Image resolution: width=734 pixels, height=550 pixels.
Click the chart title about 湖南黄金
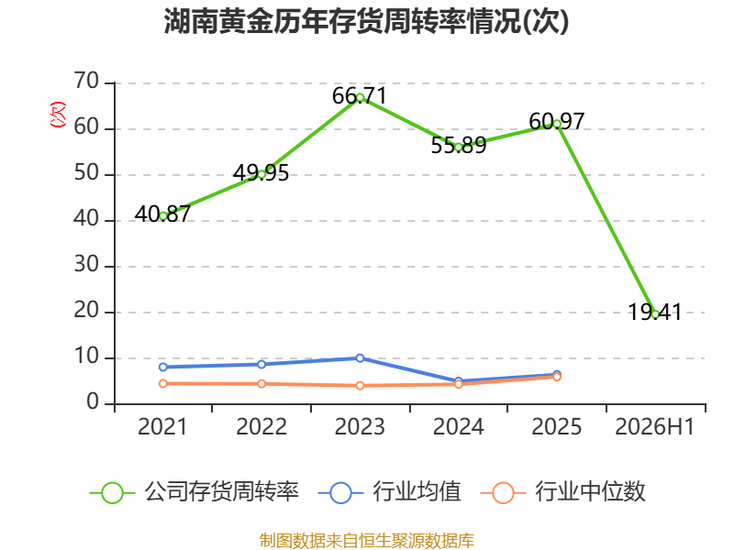point(366,21)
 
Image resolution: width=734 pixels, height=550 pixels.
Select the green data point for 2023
point(360,98)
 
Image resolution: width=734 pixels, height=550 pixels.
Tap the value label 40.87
point(162,214)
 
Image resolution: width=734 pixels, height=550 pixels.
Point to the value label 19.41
point(654,312)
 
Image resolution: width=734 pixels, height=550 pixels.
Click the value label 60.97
point(557,122)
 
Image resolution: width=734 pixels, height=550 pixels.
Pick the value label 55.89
point(458,146)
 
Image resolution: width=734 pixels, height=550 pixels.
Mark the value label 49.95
point(261,173)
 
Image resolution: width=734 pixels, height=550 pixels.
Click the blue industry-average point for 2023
point(360,358)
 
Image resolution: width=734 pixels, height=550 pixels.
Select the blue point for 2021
point(163,368)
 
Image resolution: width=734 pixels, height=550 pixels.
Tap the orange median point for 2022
point(261,384)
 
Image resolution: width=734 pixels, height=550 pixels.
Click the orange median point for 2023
point(360,386)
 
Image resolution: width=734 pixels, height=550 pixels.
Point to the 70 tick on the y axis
point(86,82)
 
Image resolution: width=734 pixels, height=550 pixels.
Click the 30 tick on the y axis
point(86,265)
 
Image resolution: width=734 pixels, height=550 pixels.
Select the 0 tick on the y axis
point(93,402)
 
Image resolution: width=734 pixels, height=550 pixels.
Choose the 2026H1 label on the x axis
point(654,426)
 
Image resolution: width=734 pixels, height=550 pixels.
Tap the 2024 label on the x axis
point(458,426)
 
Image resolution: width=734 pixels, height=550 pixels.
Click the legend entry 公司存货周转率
point(195,492)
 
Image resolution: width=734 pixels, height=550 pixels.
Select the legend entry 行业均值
point(389,492)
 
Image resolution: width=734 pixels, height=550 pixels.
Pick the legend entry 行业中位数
point(563,492)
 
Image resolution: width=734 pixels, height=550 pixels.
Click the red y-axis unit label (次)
point(58,115)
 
